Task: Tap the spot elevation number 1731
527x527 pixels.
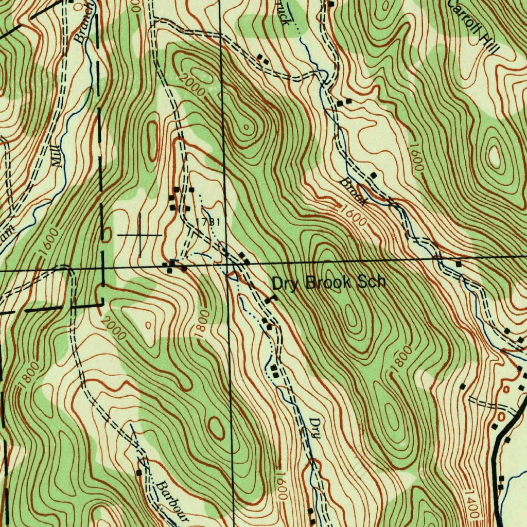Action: (x=208, y=222)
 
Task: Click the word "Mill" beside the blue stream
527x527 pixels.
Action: (x=57, y=157)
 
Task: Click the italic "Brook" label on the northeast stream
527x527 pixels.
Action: (x=354, y=191)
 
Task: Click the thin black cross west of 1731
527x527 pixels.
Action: (x=140, y=235)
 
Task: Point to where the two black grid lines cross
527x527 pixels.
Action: (x=226, y=264)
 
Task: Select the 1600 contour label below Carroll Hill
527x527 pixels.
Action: (x=417, y=157)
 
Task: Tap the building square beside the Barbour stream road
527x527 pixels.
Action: (x=139, y=472)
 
